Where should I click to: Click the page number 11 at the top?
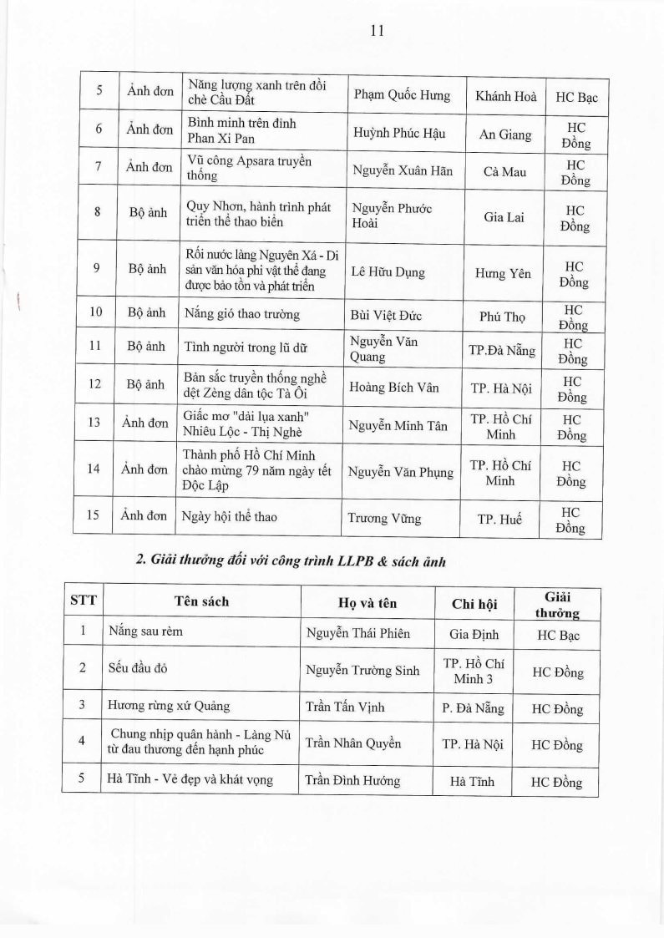tap(376, 30)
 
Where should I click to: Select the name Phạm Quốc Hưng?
tap(401, 95)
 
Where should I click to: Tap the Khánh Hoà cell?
tap(505, 96)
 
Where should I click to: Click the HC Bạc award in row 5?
tap(576, 97)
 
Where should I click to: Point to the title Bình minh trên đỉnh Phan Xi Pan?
tap(242, 131)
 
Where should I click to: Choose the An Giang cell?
tap(504, 134)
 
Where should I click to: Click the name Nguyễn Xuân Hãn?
tap(403, 170)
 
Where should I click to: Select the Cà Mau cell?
tap(504, 170)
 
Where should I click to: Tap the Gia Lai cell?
tap(504, 217)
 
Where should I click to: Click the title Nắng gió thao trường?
tap(243, 315)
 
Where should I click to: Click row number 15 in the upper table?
tap(94, 516)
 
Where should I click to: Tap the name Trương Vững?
tap(384, 518)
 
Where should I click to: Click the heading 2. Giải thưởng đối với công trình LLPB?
tap(291, 561)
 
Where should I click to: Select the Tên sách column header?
tap(201, 601)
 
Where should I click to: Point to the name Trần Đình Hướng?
tap(352, 781)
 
